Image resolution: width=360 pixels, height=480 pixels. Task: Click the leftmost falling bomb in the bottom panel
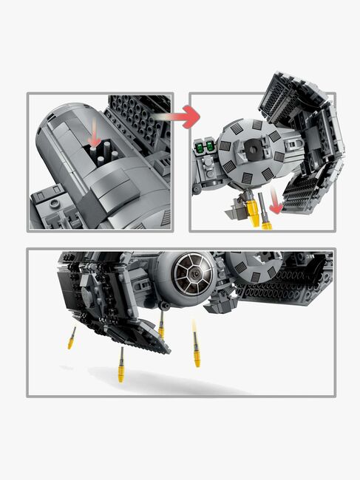click(x=72, y=339)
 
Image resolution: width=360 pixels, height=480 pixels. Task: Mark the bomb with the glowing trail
click(x=197, y=350)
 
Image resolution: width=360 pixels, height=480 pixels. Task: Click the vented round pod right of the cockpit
click(x=252, y=265)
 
